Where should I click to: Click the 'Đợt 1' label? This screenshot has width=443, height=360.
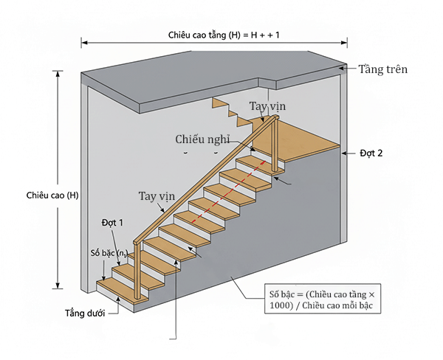[x=111, y=221]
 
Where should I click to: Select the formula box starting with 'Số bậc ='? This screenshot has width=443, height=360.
[x=321, y=301]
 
